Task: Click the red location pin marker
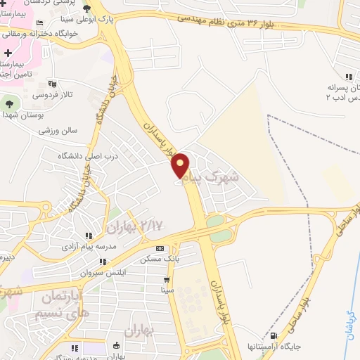point(181,165)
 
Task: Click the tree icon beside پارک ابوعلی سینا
point(86,8)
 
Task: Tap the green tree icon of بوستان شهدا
point(9,105)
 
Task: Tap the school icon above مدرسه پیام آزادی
point(88,236)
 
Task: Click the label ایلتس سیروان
point(101,271)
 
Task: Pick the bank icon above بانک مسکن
point(160,249)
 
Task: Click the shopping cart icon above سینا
point(167,280)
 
